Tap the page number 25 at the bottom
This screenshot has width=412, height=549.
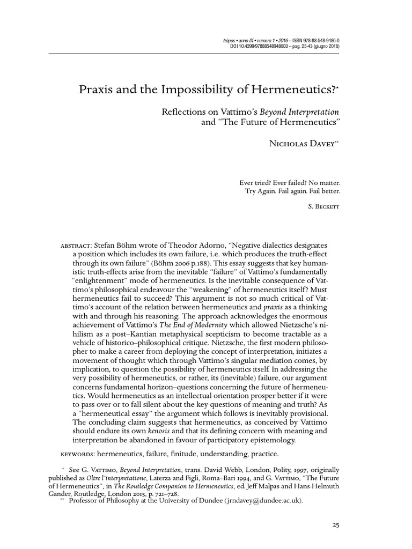[336, 525]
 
